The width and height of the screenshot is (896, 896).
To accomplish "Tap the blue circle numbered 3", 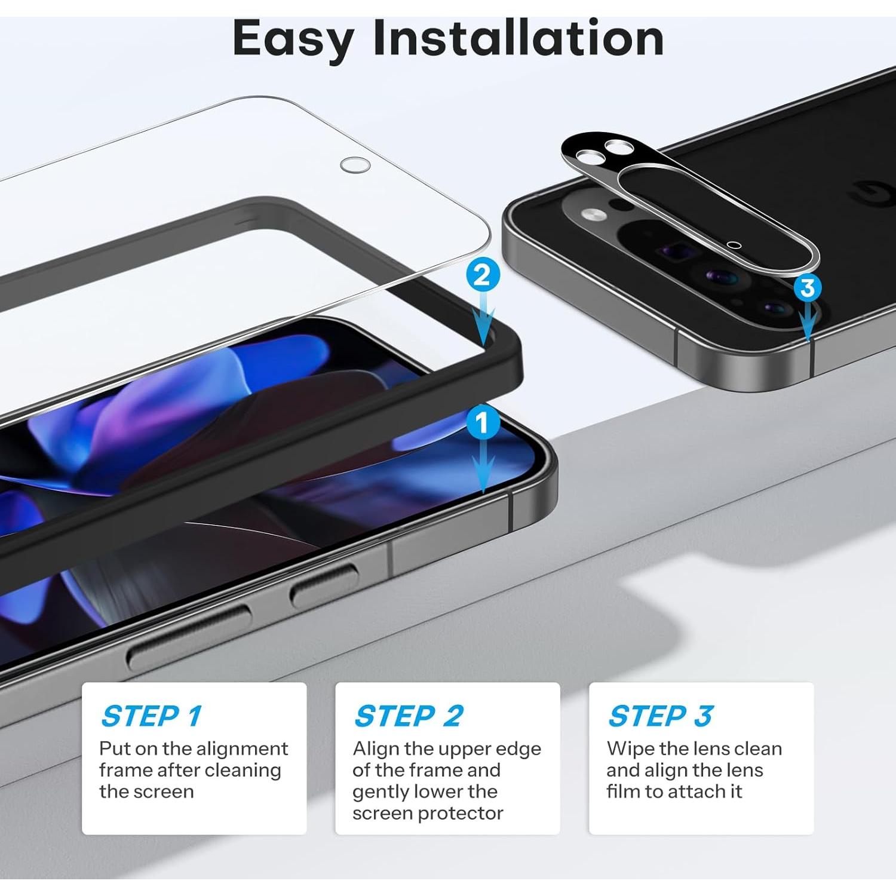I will pos(808,288).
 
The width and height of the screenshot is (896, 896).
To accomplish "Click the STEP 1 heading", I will pos(152,716).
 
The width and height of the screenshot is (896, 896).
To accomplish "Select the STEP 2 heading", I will pos(409,716).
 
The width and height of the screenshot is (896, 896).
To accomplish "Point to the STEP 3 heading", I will pos(660,716).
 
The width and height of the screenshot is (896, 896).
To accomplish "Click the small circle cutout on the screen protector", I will pos(355,165).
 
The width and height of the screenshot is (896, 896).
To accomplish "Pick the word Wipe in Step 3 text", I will pos(631,748).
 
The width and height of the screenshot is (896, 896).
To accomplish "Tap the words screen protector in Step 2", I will pos(428,813).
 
